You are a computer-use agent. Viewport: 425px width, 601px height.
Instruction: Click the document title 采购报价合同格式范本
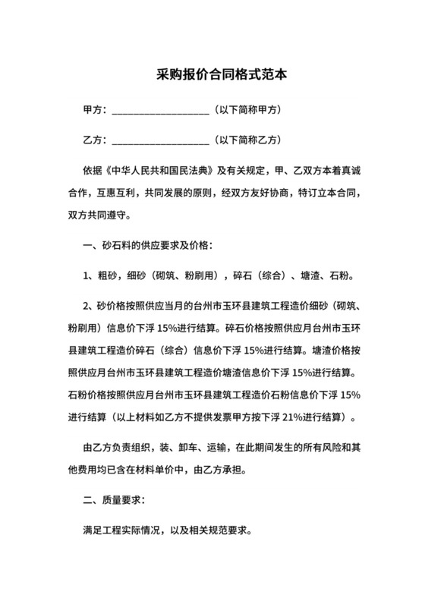212,76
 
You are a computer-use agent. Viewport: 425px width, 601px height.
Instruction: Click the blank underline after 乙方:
160,141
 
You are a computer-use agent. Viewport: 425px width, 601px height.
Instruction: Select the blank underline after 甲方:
160,112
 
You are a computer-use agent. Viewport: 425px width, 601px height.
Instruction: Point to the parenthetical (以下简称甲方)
248,111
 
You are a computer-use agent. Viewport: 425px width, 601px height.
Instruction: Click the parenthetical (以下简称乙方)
248,140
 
